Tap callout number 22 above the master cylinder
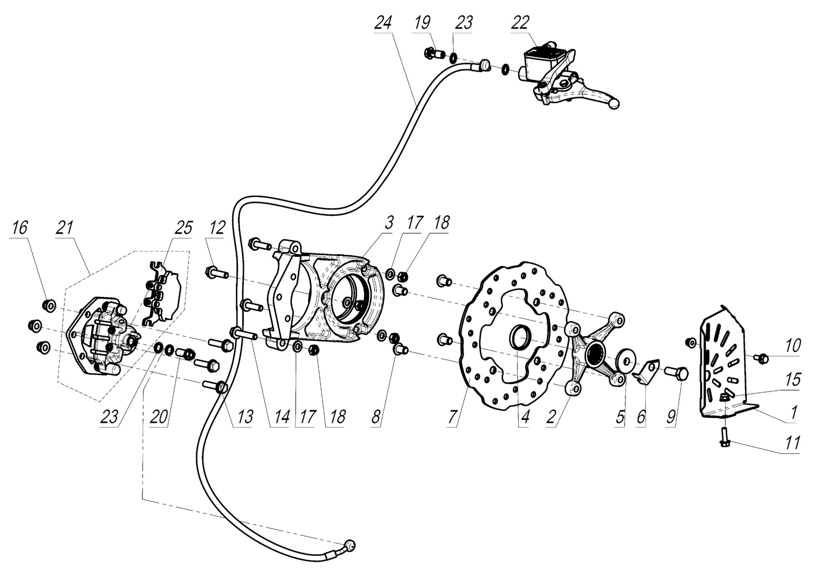point(521,23)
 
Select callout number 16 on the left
point(19,227)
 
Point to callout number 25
point(184,227)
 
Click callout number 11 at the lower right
point(793,443)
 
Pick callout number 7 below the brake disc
point(453,417)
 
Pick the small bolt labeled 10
point(762,359)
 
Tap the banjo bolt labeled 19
point(432,54)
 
